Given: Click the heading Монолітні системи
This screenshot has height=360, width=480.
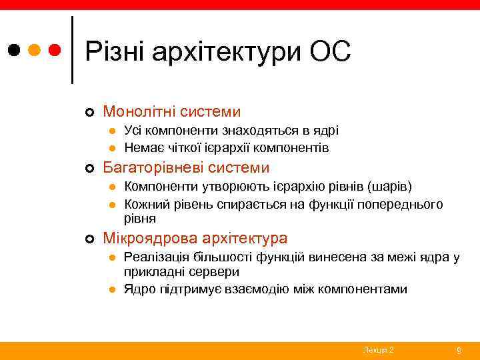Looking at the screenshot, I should tap(171, 111).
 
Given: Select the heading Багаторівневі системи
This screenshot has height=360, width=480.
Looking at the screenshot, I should tap(186, 167).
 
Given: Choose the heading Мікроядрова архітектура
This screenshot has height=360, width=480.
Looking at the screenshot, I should tap(195, 238).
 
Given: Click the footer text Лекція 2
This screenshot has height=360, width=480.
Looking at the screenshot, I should tap(378, 350).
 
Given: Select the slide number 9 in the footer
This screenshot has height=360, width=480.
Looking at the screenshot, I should tap(459, 350).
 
